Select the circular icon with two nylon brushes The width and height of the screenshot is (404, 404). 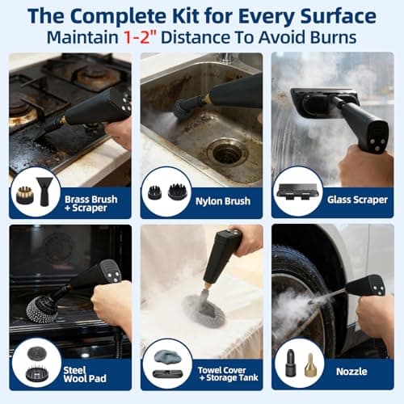tap(166, 191)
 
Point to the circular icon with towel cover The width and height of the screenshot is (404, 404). tap(166, 364)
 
